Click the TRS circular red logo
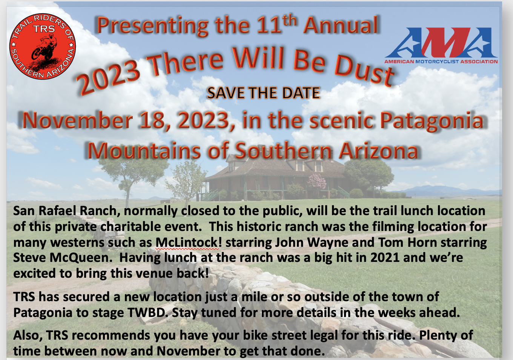point(43,46)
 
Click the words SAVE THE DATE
point(263,93)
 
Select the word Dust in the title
point(364,69)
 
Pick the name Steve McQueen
point(61,258)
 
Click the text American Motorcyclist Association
point(441,62)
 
